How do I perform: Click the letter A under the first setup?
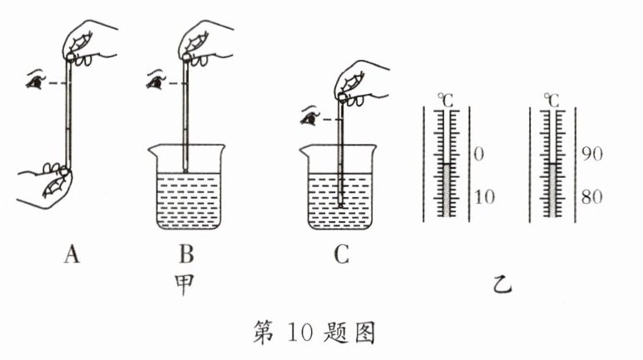pos(71,256)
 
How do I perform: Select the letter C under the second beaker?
pos(341,256)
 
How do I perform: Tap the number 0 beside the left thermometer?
pos(478,155)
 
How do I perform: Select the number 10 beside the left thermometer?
pos(483,197)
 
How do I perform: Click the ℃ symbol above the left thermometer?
pos(448,100)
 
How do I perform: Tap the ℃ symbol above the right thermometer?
pos(552,100)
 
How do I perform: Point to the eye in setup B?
pos(154,81)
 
